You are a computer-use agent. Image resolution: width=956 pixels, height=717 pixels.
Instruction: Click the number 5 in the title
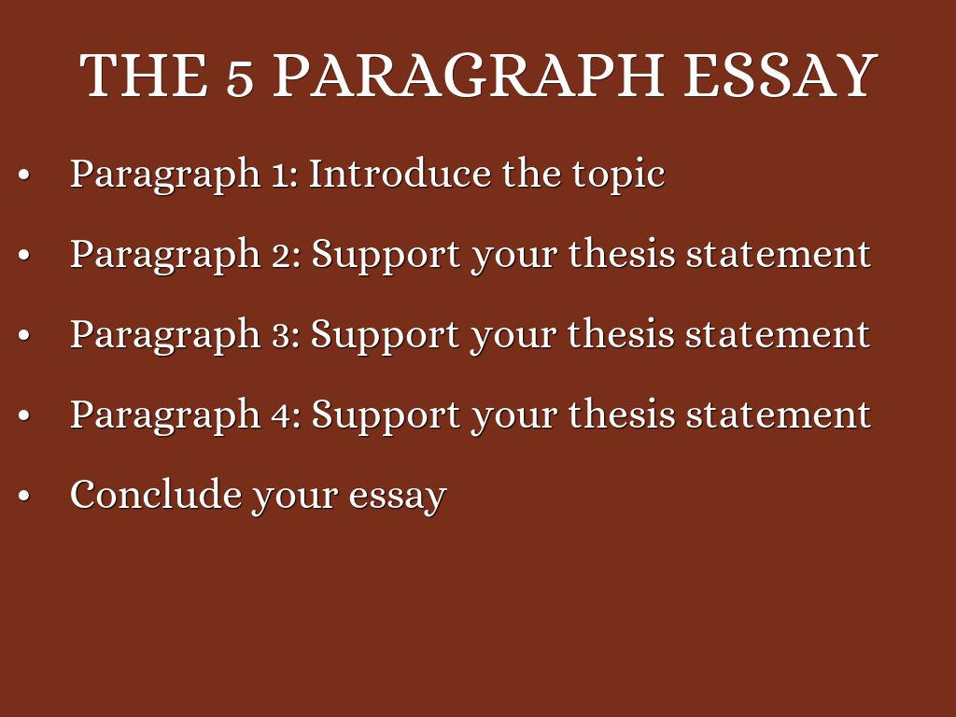240,80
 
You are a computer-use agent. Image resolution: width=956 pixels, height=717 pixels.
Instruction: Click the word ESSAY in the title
780,75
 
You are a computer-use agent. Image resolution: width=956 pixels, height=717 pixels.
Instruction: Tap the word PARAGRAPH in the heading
469,75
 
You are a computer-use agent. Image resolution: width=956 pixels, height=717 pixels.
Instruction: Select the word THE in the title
144,75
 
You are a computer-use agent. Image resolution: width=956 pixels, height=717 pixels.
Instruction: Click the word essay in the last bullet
398,498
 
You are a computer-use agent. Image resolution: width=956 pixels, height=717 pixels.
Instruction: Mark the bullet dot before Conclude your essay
23,496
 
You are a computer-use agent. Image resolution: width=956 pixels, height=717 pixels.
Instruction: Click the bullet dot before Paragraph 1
23,175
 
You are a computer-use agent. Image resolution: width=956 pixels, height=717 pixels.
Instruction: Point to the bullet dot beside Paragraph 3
23,335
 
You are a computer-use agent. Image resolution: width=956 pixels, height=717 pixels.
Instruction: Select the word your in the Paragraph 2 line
514,259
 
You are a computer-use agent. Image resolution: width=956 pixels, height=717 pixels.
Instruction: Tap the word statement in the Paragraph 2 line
779,255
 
